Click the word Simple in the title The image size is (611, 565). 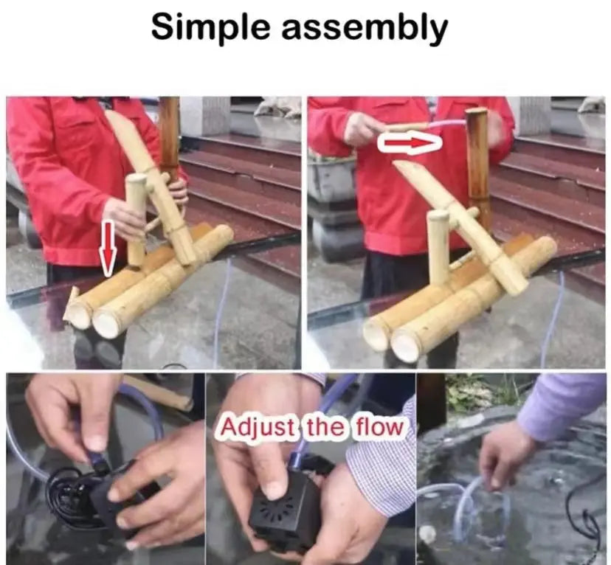211,27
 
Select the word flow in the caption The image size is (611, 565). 379,427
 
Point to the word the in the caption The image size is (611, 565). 325,427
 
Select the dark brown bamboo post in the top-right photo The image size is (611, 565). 477,156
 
